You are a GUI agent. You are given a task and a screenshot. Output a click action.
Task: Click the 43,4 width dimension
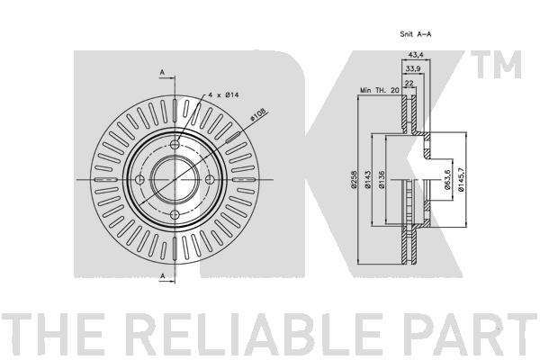click(416, 54)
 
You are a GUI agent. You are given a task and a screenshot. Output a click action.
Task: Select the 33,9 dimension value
click(413, 69)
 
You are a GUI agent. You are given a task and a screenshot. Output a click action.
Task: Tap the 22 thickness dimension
click(409, 83)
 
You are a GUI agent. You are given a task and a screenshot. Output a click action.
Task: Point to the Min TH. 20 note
click(380, 90)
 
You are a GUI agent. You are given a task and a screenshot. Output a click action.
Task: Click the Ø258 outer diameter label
click(353, 179)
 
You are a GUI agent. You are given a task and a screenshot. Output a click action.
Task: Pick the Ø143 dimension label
click(367, 179)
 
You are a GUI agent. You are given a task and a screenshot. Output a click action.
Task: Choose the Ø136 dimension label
click(382, 179)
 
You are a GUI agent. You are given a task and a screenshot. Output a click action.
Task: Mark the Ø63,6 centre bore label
click(447, 179)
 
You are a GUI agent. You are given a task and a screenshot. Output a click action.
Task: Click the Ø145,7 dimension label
click(461, 179)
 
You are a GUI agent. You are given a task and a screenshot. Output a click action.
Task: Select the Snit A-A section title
click(416, 34)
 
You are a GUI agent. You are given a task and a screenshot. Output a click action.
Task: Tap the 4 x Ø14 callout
click(223, 94)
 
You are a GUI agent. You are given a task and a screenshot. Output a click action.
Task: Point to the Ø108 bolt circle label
click(258, 114)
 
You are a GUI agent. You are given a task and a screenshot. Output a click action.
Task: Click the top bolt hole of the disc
click(175, 144)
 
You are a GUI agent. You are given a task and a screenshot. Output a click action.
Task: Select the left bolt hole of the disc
click(139, 179)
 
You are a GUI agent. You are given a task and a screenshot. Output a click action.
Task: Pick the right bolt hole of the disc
click(210, 179)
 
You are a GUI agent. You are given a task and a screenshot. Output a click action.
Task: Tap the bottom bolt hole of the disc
click(175, 215)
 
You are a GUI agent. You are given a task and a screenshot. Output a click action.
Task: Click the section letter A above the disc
click(162, 72)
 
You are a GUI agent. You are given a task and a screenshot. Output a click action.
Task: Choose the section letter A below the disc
click(162, 276)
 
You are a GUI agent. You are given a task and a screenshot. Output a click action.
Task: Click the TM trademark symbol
click(496, 65)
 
